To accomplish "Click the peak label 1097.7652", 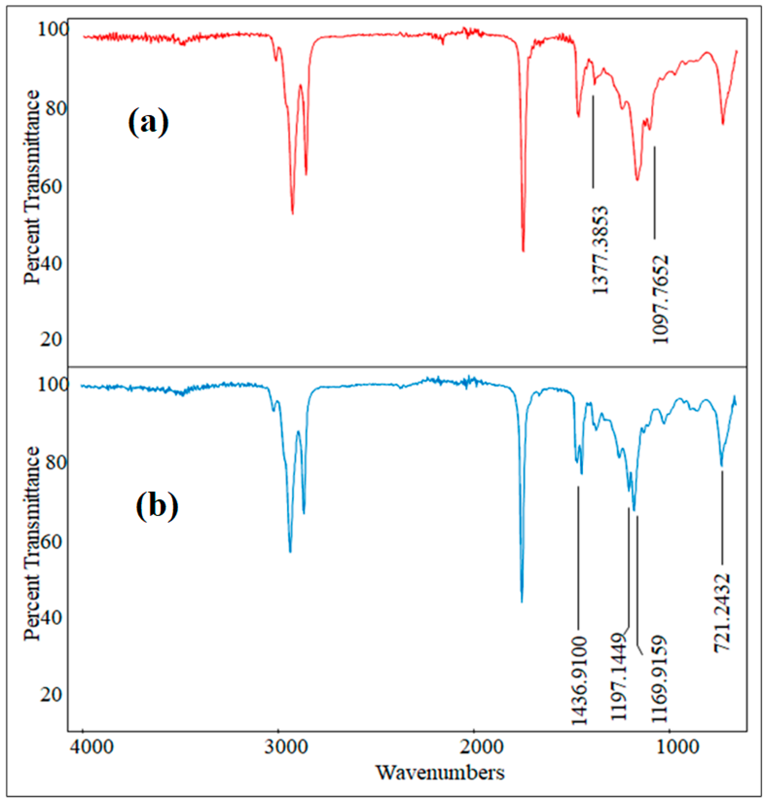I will [x=660, y=299].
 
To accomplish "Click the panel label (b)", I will [x=157, y=506].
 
